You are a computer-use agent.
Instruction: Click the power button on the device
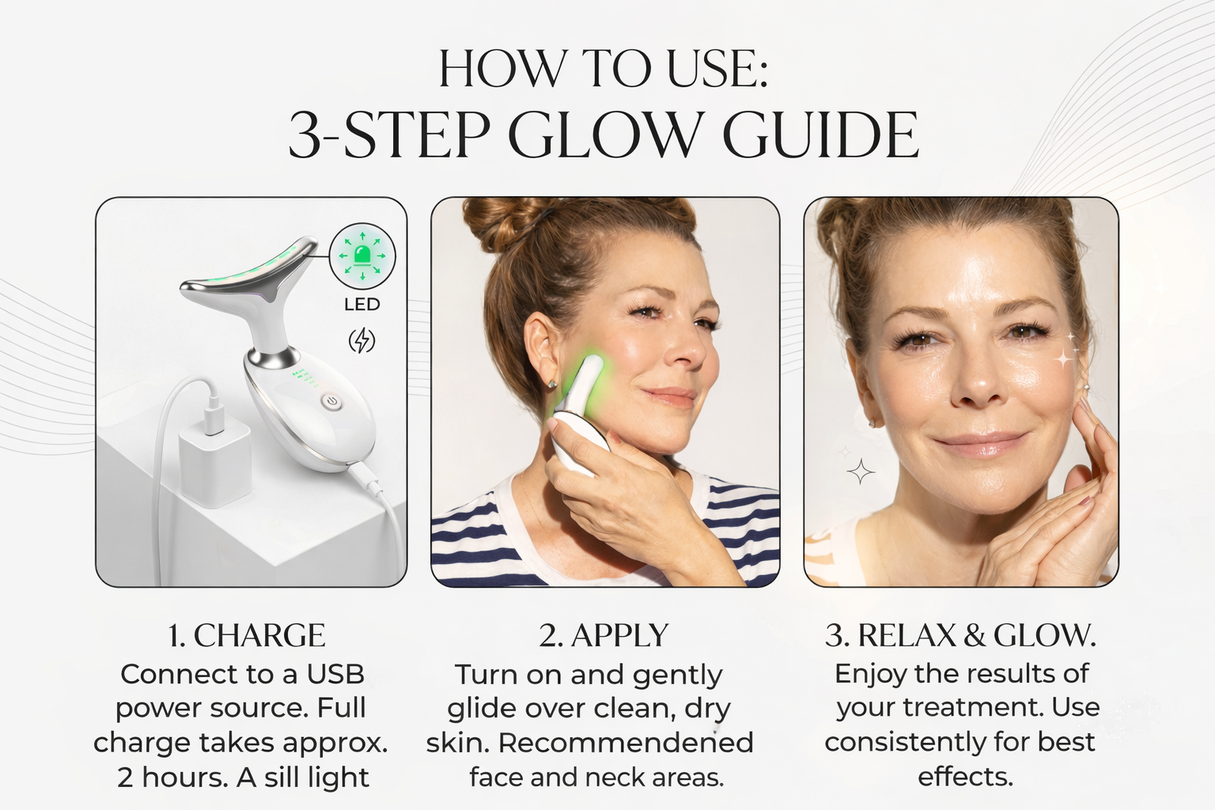pyautogui.click(x=331, y=403)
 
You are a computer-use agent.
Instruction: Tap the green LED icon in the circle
pyautogui.click(x=361, y=255)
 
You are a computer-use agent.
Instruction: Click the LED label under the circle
pyautogui.click(x=361, y=305)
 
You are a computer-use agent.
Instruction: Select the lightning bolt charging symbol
pyautogui.click(x=361, y=340)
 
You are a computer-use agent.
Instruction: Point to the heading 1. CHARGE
pyautogui.click(x=247, y=635)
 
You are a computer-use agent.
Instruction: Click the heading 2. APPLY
pyautogui.click(x=604, y=635)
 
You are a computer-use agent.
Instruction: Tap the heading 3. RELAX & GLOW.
pyautogui.click(x=960, y=635)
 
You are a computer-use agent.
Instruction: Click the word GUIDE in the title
pyautogui.click(x=820, y=135)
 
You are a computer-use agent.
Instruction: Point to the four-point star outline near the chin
pyautogui.click(x=861, y=471)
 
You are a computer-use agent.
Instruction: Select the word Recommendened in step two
pyautogui.click(x=626, y=743)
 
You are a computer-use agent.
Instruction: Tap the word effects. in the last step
pyautogui.click(x=965, y=777)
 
